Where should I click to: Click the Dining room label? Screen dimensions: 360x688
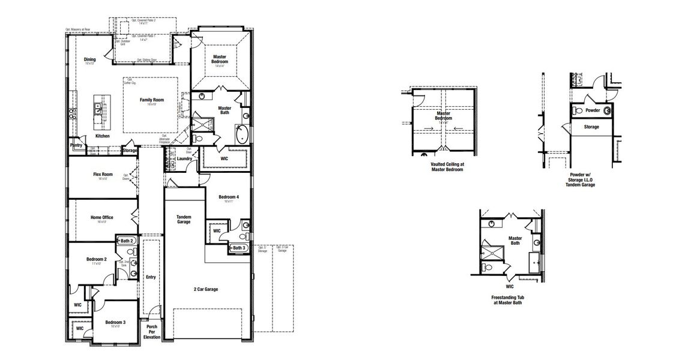coord(89,59)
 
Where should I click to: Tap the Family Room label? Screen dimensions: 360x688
coord(151,100)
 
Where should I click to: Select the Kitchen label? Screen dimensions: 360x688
coord(103,136)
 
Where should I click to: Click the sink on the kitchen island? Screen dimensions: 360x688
coord(98,109)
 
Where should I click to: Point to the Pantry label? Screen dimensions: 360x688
coord(76,145)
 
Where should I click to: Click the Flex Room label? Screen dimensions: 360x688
coord(103,175)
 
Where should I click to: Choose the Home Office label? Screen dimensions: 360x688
coord(101,218)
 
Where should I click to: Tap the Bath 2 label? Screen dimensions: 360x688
coord(126,241)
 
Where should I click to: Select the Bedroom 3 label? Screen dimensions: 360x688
coord(115,323)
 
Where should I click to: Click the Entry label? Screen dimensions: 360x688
coord(151,277)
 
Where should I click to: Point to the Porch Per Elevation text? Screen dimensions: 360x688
coord(151,332)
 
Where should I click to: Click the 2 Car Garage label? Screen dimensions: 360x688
coord(206,289)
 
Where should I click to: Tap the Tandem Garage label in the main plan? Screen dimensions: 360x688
coord(184,219)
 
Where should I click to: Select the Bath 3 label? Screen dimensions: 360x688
coord(238,248)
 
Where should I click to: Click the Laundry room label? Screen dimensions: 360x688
coord(184,159)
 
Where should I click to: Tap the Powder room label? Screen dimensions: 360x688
coord(593,110)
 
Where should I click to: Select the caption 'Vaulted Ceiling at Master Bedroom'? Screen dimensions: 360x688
coord(447,167)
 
